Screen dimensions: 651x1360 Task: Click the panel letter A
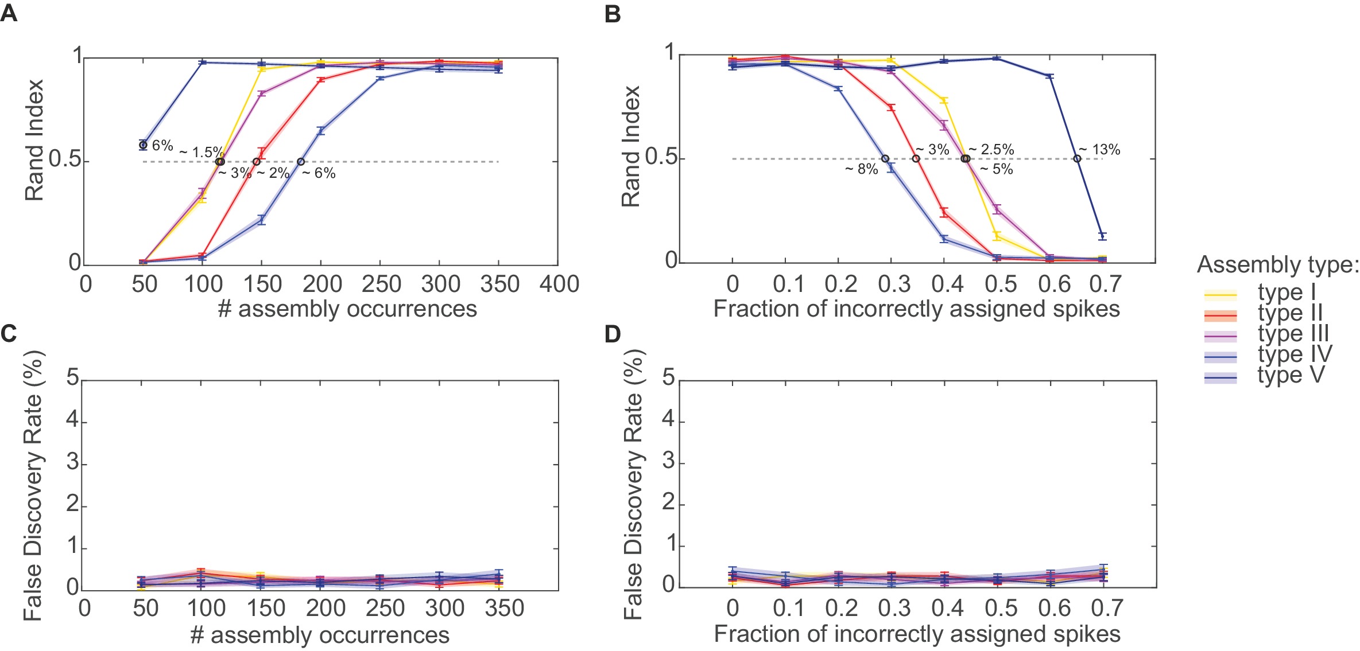[9, 13]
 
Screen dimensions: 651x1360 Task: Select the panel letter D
[613, 334]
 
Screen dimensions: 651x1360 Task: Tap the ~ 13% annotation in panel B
[1099, 150]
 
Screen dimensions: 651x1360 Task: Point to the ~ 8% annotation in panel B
[861, 169]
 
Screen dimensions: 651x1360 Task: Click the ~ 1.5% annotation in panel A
[201, 153]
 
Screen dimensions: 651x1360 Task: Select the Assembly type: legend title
[1278, 264]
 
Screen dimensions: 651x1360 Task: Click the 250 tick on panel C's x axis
[385, 608]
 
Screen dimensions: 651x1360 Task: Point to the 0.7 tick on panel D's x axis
[1106, 608]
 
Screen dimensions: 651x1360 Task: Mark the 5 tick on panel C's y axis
[73, 379]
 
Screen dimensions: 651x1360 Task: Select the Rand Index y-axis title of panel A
[34, 141]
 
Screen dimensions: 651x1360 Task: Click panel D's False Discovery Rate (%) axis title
[634, 484]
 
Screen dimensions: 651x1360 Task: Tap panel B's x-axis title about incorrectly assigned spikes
[916, 309]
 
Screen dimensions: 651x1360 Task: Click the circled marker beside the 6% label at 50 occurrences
[144, 145]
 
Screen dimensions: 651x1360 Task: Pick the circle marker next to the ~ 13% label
[1078, 159]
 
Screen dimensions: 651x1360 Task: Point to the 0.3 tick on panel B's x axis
[894, 284]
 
